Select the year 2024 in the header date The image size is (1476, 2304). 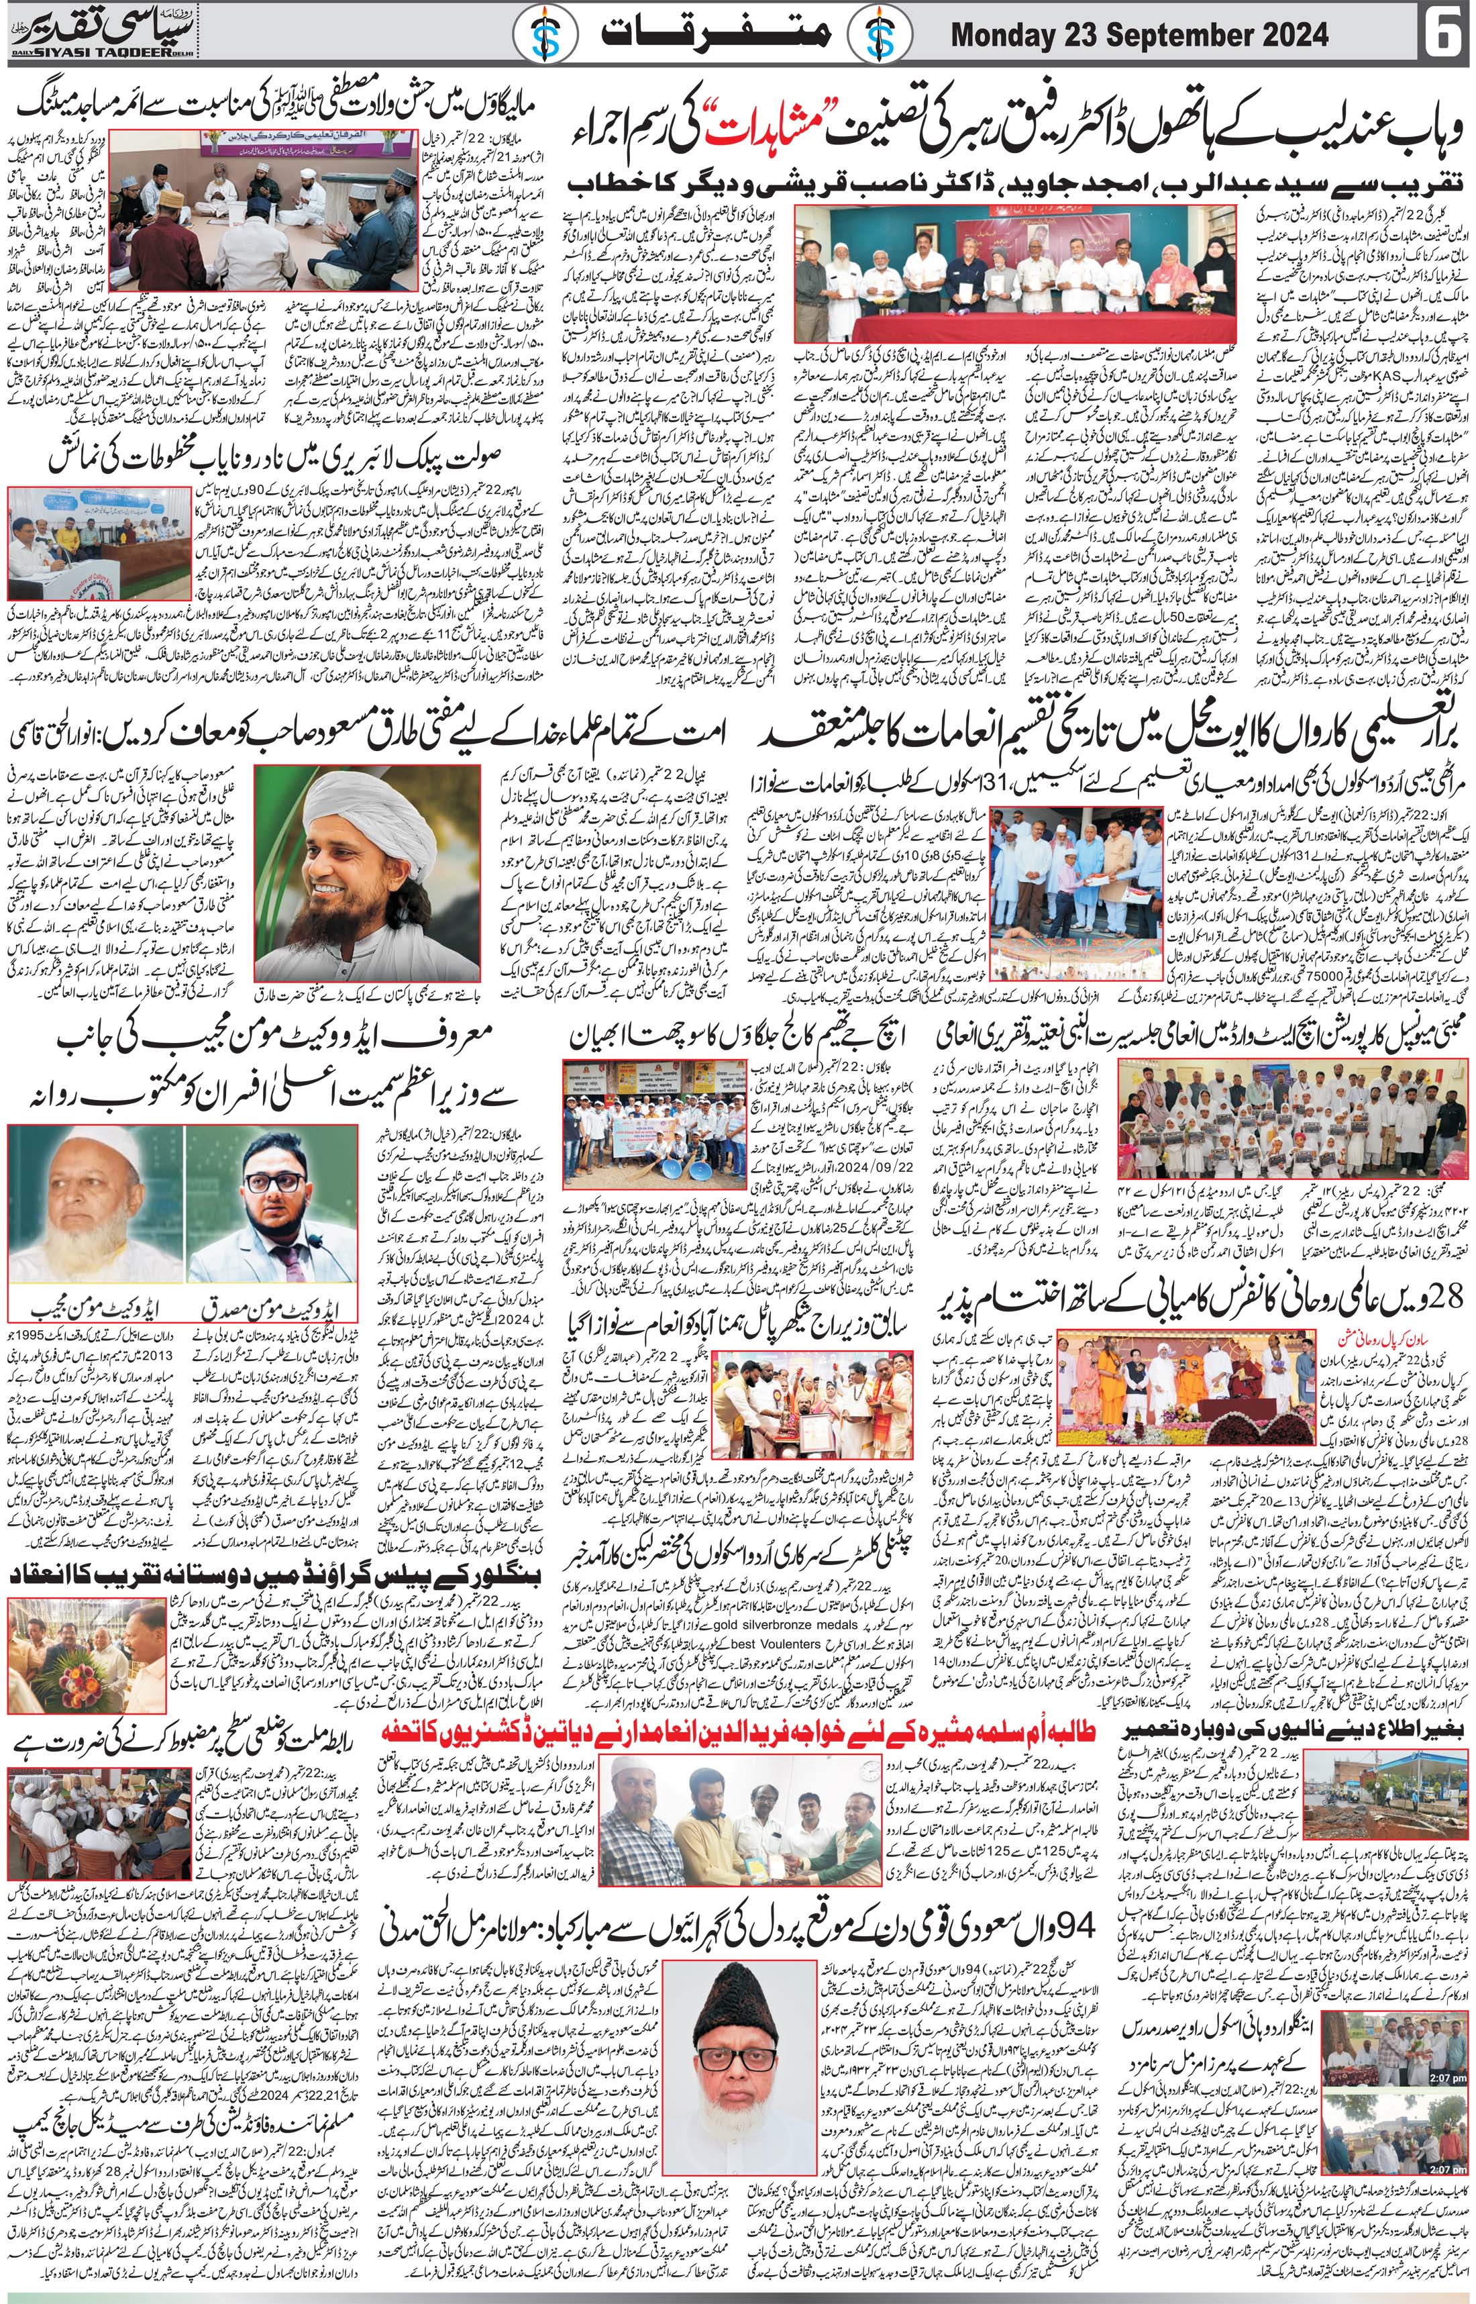(1289, 36)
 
